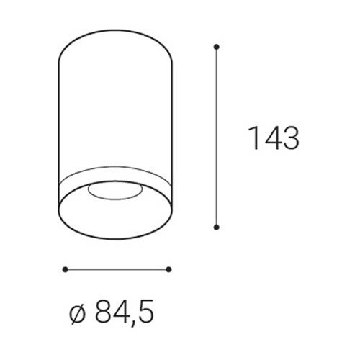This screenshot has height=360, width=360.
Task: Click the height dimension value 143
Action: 274,138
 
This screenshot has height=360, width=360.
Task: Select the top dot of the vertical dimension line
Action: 217,47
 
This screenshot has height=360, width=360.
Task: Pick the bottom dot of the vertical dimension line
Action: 217,227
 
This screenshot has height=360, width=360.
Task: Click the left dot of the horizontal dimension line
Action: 65,269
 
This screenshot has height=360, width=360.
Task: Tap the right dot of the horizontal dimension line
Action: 168,269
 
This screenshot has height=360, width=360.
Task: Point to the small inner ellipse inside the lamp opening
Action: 115,199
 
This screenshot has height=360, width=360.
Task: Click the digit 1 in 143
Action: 253,138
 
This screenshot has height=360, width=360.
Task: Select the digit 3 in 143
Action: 291,138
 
